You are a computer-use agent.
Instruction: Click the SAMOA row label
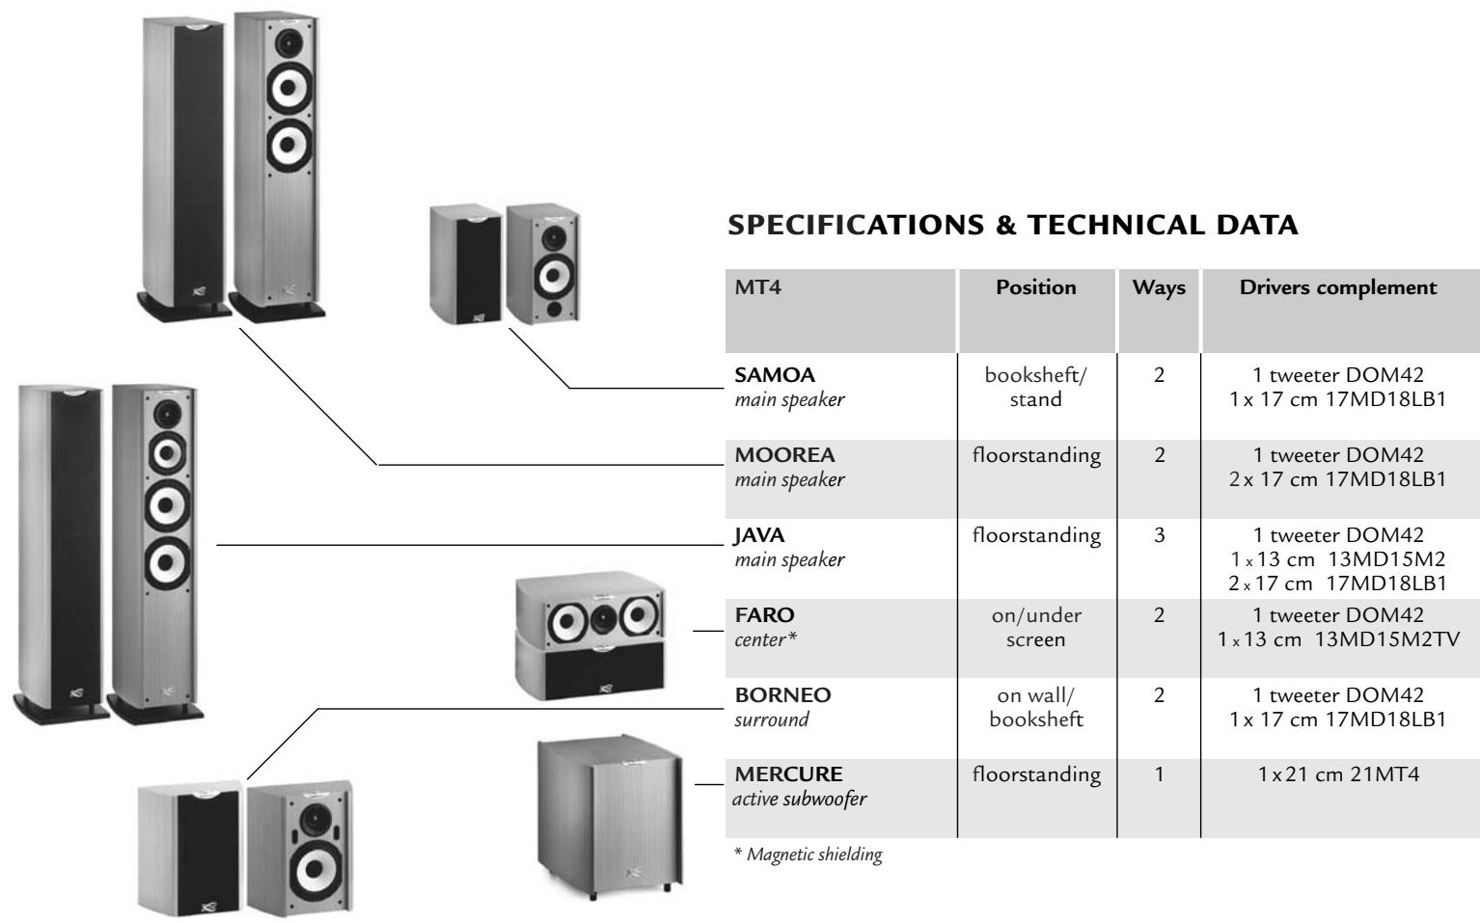pos(768,374)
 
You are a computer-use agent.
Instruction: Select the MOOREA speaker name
pos(784,454)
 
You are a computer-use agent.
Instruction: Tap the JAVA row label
pos(759,534)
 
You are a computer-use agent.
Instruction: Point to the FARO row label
pos(764,614)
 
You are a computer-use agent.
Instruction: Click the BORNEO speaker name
pos(782,694)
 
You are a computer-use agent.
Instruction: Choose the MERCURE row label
pos(788,774)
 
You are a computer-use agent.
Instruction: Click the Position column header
pos(1036,287)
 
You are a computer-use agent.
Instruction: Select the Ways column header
pos(1159,287)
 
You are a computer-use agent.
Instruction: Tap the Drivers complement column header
pos(1338,287)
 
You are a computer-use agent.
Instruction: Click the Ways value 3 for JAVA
pos(1159,535)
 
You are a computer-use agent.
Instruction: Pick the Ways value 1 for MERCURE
pos(1159,774)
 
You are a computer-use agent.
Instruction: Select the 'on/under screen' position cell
pos(1036,627)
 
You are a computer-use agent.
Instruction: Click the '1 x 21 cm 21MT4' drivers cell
pos(1338,774)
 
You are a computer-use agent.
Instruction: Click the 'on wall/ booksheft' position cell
pos(1036,707)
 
